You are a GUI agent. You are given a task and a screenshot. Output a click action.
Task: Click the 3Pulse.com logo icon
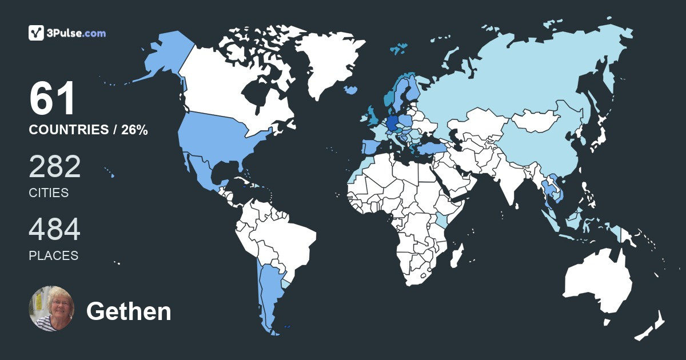pyautogui.click(x=37, y=33)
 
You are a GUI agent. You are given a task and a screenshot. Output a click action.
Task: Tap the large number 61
pyautogui.click(x=52, y=99)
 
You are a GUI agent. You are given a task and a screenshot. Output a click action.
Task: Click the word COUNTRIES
pyautogui.click(x=69, y=130)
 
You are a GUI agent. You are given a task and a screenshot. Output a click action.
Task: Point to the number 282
pyautogui.click(x=55, y=167)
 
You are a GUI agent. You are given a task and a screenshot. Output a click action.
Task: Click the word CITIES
pyautogui.click(x=49, y=193)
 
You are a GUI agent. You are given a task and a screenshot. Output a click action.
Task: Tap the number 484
pyautogui.click(x=55, y=230)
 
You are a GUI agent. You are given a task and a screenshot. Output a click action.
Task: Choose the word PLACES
pyautogui.click(x=53, y=256)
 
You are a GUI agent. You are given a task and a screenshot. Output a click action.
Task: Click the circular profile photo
pyautogui.click(x=51, y=309)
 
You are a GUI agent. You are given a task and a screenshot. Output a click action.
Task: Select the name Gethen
pyautogui.click(x=129, y=312)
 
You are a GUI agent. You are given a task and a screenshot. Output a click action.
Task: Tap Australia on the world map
pyautogui.click(x=597, y=280)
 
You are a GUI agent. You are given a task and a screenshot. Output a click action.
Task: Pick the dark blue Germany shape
pyautogui.click(x=393, y=122)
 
